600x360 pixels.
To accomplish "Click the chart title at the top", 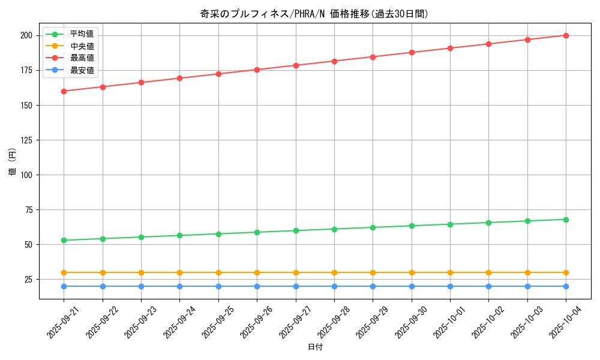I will [x=314, y=14].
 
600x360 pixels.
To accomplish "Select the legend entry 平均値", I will [x=82, y=34].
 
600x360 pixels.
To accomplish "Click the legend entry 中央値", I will [x=82, y=46].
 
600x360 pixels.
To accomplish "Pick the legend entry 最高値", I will [x=82, y=58].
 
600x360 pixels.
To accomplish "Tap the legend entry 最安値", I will [x=82, y=70].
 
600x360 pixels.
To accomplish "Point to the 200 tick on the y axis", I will [x=26, y=35].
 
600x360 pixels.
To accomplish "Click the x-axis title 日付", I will [x=315, y=347].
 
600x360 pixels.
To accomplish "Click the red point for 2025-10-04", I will [x=566, y=35].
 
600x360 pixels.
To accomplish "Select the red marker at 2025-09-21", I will [x=64, y=91].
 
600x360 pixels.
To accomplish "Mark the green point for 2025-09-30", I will [x=412, y=226].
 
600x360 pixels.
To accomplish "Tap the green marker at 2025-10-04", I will [x=566, y=220].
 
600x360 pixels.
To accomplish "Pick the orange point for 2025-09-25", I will [x=218, y=272].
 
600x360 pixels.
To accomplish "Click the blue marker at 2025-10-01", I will [x=450, y=286].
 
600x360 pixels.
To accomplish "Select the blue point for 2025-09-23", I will [x=141, y=286].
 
